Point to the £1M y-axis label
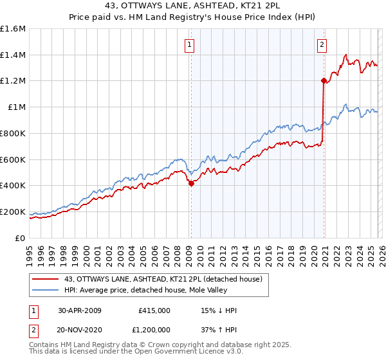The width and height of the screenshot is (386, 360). tap(16, 107)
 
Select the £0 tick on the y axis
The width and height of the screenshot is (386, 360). tap(20, 238)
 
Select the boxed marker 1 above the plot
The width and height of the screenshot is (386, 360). tap(190, 44)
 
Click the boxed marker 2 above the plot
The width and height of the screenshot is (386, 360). tap(322, 44)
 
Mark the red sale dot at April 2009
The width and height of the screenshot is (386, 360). tap(191, 183)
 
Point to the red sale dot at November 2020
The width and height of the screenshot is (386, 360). tap(323, 80)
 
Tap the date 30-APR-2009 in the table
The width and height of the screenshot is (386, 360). tap(80, 310)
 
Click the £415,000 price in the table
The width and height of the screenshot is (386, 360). tap(154, 310)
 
